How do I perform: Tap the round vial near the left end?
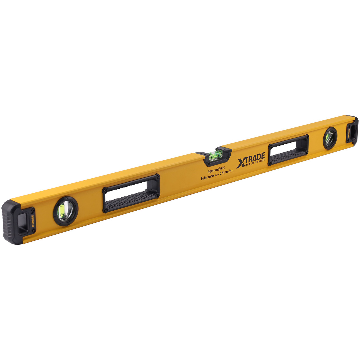[x=66, y=211]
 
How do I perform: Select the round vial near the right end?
[x=329, y=138]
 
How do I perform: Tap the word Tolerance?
[x=207, y=177]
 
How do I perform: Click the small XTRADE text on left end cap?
[x=33, y=221]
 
